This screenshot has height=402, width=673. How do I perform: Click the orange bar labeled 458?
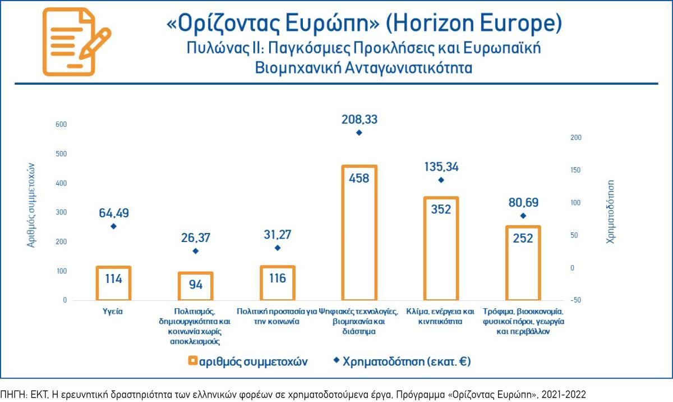(x=359, y=233)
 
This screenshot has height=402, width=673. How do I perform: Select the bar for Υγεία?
(x=113, y=284)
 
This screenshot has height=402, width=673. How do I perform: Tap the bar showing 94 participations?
(x=196, y=286)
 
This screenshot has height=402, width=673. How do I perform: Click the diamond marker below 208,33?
(x=359, y=133)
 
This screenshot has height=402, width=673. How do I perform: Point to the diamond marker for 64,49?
(x=113, y=226)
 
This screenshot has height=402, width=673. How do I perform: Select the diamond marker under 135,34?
(x=441, y=180)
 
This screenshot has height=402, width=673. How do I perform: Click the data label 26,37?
(x=196, y=237)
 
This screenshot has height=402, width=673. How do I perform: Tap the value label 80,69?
(x=523, y=201)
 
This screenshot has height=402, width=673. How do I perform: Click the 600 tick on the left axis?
(x=61, y=125)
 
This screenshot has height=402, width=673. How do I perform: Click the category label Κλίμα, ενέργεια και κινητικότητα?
(x=441, y=317)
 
